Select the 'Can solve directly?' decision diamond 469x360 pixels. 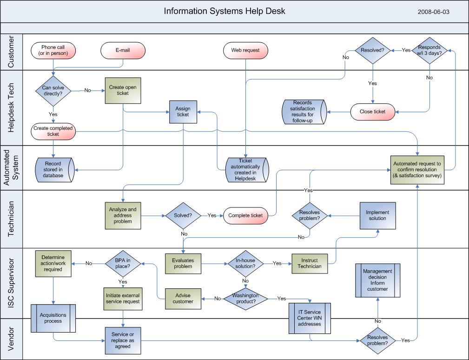click(x=53, y=90)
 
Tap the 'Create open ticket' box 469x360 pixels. click(x=123, y=90)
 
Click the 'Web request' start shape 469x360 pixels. click(x=245, y=50)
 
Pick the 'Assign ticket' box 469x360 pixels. click(x=183, y=112)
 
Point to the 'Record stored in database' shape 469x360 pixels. click(x=54, y=170)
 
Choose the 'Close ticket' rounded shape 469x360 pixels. click(x=373, y=112)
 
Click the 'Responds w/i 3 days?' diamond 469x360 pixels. click(x=429, y=50)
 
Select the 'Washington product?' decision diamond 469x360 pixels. click(x=245, y=299)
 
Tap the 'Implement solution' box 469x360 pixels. click(x=377, y=215)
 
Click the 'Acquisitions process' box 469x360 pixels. click(x=53, y=318)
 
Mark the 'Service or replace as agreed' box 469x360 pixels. click(x=123, y=340)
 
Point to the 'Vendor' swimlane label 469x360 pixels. click(x=12, y=339)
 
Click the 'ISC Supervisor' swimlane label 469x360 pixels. click(x=12, y=283)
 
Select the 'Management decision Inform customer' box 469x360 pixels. click(x=377, y=280)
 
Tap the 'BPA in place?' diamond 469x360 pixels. click(x=123, y=264)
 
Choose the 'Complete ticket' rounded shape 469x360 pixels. click(x=245, y=215)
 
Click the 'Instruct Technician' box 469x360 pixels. click(x=310, y=264)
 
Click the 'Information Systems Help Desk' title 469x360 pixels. click(x=225, y=11)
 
